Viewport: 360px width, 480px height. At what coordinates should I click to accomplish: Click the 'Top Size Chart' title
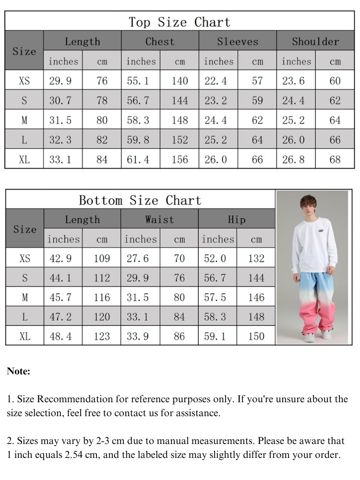click(x=180, y=22)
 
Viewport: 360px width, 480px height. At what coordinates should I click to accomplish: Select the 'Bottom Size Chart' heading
click(x=140, y=200)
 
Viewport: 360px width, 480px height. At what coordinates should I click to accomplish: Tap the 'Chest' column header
click(x=160, y=41)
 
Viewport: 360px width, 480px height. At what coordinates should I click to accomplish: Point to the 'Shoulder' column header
click(x=315, y=41)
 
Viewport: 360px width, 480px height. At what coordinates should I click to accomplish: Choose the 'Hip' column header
click(x=237, y=219)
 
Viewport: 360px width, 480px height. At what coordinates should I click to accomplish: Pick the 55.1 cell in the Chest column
click(x=140, y=81)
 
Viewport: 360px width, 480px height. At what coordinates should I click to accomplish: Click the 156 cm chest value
click(x=180, y=159)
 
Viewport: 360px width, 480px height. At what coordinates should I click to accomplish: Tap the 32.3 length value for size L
click(x=60, y=140)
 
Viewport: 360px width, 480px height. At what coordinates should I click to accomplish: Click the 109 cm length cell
click(x=102, y=258)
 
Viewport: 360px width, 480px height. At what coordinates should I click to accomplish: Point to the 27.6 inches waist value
click(x=138, y=258)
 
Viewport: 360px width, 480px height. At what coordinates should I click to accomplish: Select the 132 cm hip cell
click(x=256, y=258)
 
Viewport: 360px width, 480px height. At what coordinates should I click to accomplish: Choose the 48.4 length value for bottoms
click(x=61, y=336)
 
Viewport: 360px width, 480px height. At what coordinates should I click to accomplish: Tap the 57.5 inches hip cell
click(x=215, y=297)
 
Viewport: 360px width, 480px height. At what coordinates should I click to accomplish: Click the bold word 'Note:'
click(x=19, y=371)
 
